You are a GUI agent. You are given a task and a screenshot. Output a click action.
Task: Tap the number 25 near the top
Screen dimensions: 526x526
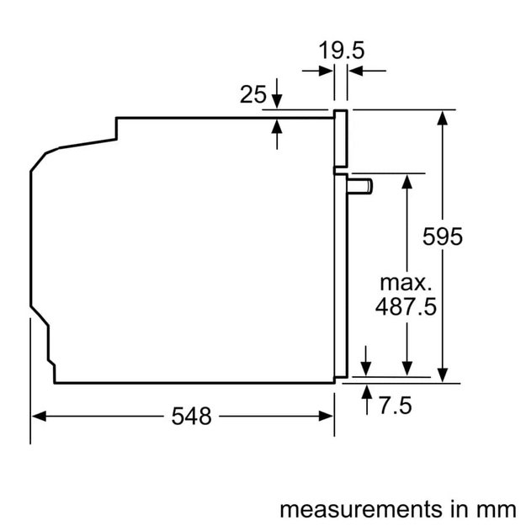tap(253, 95)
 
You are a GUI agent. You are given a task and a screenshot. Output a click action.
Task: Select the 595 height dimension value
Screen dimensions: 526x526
tap(443, 237)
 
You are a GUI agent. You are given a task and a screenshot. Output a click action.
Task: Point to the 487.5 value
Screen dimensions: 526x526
tap(406, 306)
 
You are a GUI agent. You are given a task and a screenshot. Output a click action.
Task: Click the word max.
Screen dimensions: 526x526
tap(405, 281)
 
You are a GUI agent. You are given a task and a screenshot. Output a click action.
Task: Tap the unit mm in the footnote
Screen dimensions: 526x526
tap(497, 508)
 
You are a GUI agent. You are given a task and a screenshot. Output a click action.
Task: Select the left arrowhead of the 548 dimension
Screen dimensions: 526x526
tap(39, 416)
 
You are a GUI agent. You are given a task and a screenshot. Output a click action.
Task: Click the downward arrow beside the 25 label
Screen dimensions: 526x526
tap(277, 102)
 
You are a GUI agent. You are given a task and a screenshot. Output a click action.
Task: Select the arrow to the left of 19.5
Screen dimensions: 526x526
tap(326, 72)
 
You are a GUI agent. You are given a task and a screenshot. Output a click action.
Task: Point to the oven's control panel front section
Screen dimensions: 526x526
tap(340, 139)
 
